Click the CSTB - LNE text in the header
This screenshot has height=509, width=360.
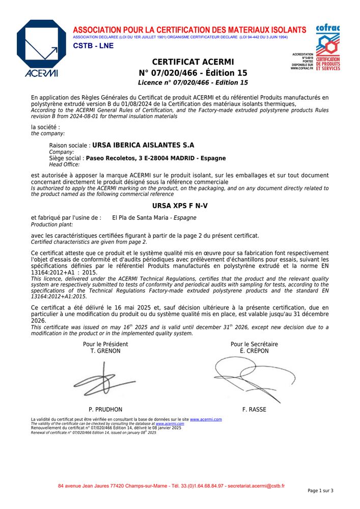click(x=93, y=46)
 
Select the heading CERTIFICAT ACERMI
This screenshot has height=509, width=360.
click(x=192, y=62)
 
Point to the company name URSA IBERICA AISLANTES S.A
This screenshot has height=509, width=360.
click(x=143, y=145)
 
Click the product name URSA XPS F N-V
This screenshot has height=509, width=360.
click(x=180, y=206)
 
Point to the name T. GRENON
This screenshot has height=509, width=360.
click(x=105, y=351)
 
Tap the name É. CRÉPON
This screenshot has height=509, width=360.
click(x=254, y=351)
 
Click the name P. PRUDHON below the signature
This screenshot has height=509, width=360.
click(x=105, y=409)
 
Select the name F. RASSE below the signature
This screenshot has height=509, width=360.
click(x=254, y=409)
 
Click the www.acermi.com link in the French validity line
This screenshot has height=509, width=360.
click(x=206, y=419)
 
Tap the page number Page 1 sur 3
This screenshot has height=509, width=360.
click(x=320, y=491)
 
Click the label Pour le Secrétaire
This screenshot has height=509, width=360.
click(x=254, y=345)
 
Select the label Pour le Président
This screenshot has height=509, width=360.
click(x=105, y=345)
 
